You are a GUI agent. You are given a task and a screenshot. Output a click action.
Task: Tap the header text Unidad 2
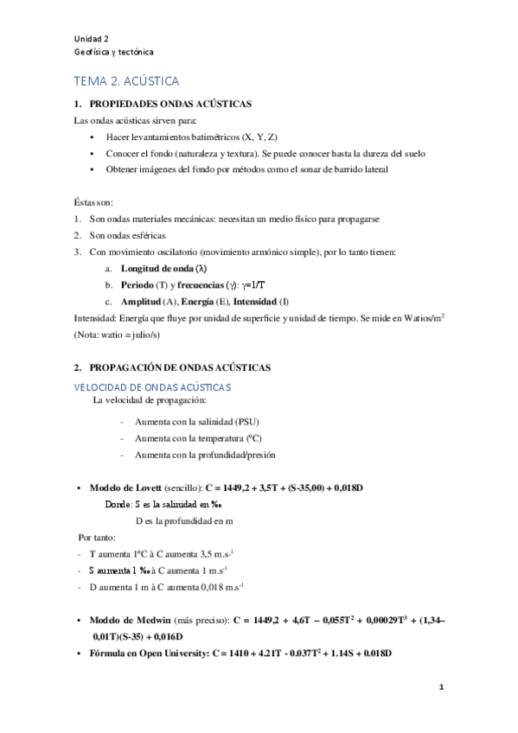[92, 39]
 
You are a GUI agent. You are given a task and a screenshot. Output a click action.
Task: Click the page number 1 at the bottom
[441, 688]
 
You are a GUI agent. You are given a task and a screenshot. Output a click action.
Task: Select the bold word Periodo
[138, 284]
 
